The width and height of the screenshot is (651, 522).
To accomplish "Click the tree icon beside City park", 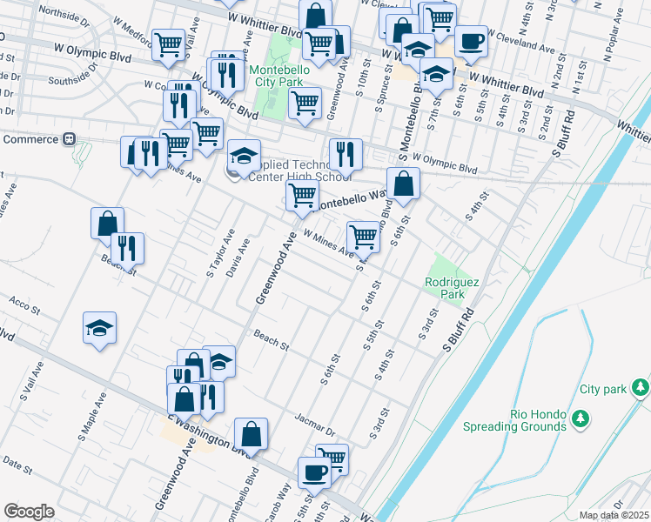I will click(641, 386).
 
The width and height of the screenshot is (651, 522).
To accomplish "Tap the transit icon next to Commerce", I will click(69, 139).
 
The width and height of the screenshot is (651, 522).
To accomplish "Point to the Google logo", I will click(29, 512).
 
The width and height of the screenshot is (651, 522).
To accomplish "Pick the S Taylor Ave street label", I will click(221, 253).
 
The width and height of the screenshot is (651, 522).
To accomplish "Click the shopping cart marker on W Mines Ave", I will click(363, 236).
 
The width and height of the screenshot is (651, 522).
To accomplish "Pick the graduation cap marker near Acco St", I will click(99, 328).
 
